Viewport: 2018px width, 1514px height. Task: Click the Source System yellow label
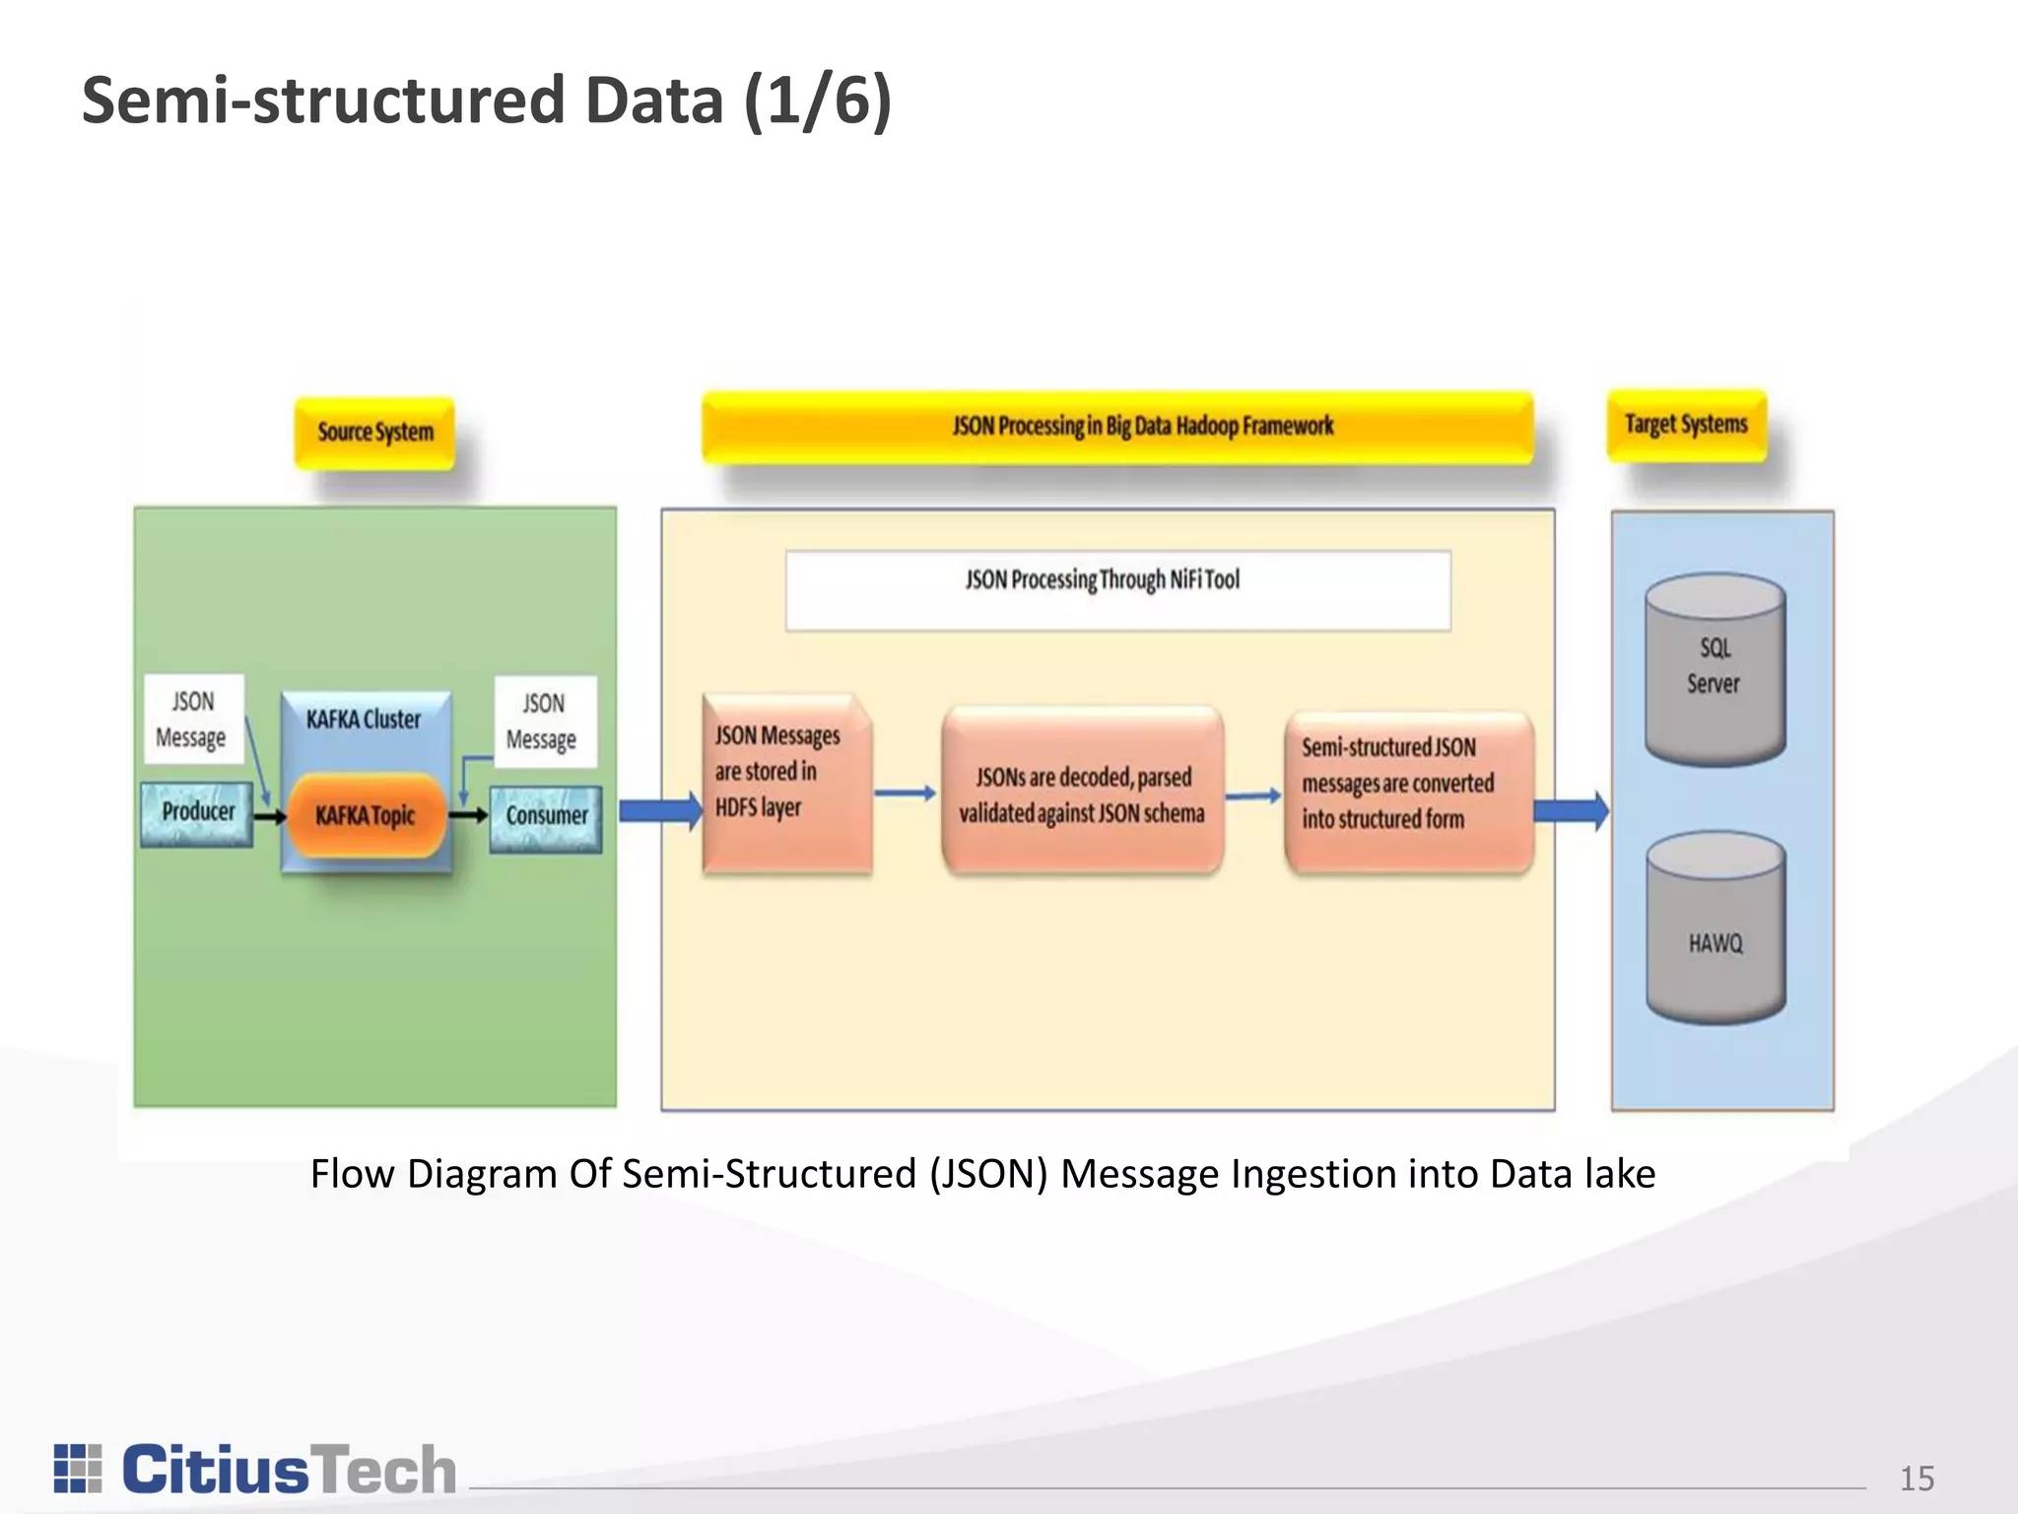click(x=374, y=433)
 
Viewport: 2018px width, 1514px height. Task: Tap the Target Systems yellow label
click(x=1686, y=425)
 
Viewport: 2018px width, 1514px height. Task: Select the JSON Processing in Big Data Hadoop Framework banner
click(x=1117, y=427)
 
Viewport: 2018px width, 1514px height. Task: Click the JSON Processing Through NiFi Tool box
click(x=1117, y=589)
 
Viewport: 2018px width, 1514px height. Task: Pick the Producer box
click(x=197, y=813)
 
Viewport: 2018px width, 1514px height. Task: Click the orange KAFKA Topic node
click(x=366, y=816)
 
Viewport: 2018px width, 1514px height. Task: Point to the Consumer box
click(x=546, y=818)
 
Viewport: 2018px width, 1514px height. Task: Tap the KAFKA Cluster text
click(x=364, y=720)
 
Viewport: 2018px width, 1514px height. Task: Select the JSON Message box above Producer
click(x=193, y=720)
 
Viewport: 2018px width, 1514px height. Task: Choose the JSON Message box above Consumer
click(x=545, y=722)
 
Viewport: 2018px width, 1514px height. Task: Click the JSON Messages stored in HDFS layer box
click(x=786, y=784)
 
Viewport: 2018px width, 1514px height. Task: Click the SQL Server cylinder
click(x=1715, y=670)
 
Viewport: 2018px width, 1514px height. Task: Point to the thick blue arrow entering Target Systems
click(x=1571, y=811)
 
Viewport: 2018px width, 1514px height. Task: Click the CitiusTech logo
click(x=255, y=1470)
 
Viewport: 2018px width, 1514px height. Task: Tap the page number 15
click(x=1917, y=1479)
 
